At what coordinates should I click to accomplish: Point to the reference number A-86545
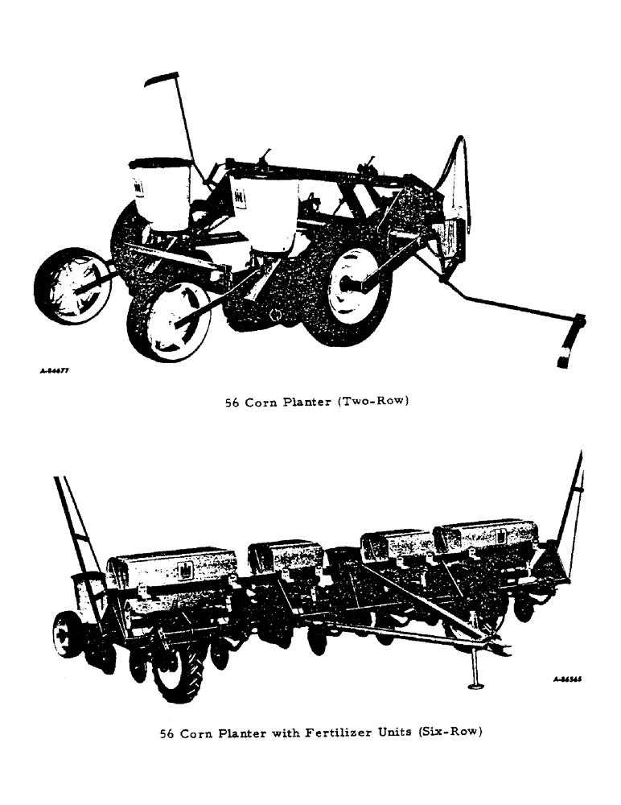click(567, 679)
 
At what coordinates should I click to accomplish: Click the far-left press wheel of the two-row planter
click(72, 286)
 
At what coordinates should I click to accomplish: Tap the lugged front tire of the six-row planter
click(178, 672)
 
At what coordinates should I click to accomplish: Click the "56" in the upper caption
click(234, 401)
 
